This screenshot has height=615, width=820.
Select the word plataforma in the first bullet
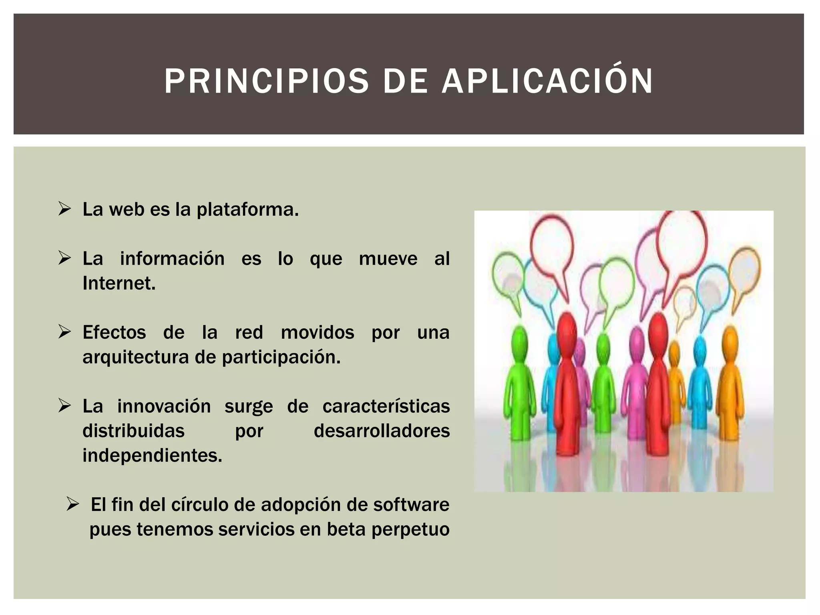click(x=247, y=209)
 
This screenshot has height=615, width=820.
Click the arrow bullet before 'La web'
click(x=64, y=209)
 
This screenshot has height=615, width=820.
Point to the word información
click(x=172, y=259)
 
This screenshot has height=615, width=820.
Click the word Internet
click(x=119, y=283)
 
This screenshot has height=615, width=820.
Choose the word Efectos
click(x=114, y=332)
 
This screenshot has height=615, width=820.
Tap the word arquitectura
click(x=135, y=357)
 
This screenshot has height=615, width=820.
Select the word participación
click(x=281, y=357)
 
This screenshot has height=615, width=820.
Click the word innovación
click(x=164, y=406)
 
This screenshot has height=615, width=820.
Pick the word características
click(x=386, y=406)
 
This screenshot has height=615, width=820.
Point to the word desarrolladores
click(x=382, y=431)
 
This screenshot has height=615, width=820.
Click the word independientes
click(x=152, y=456)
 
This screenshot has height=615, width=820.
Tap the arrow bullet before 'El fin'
click(x=73, y=504)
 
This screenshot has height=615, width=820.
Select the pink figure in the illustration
click(x=635, y=380)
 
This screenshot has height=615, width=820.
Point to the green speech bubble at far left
click(x=508, y=272)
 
